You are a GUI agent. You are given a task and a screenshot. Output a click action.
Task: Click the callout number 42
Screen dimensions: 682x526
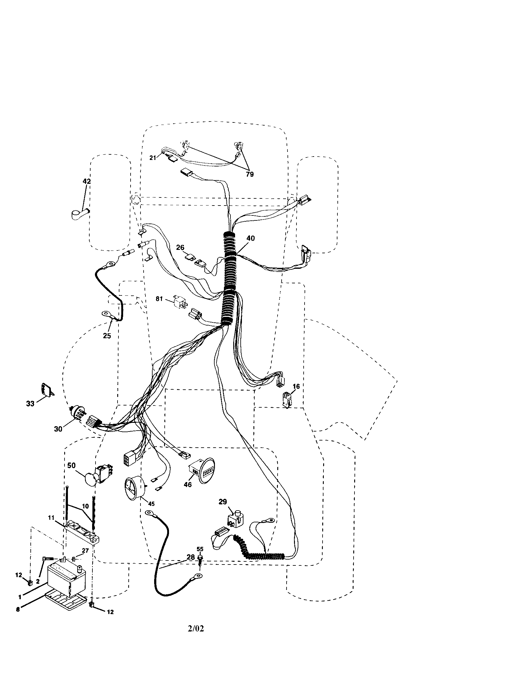(x=87, y=181)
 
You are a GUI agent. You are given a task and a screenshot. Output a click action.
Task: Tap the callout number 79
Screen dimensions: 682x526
(x=250, y=174)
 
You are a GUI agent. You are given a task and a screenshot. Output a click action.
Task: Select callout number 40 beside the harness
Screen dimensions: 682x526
(x=250, y=238)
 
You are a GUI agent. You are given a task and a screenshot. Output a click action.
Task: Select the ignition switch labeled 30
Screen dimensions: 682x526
(x=76, y=413)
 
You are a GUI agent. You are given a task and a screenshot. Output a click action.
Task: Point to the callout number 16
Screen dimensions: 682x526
(x=296, y=387)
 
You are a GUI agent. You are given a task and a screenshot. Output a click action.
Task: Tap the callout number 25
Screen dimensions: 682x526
(x=107, y=336)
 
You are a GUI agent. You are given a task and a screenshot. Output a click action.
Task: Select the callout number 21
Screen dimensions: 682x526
(x=153, y=158)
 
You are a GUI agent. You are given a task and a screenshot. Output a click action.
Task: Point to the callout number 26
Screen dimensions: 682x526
(x=180, y=248)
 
